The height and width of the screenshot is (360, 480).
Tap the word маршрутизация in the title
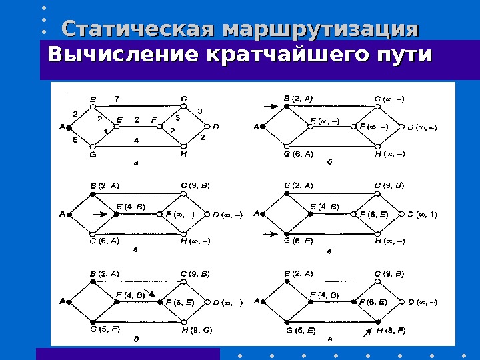pos(320,30)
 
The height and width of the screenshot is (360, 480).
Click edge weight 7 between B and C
pos(117,99)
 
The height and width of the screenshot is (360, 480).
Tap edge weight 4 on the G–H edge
pos(135,141)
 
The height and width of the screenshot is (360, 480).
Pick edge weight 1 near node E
pos(105,131)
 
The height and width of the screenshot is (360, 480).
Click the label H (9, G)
pos(197,330)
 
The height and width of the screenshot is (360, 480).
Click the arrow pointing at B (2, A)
pos(270,105)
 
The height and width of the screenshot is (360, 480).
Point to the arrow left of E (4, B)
pos(99,215)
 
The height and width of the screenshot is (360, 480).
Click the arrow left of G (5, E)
pos(270,233)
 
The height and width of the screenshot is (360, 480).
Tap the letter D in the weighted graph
pos(216,126)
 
